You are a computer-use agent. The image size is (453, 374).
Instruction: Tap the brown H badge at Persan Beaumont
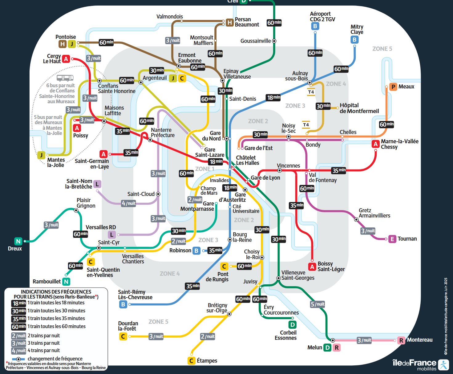pos(230,22)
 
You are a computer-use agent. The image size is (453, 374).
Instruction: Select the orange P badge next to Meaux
pos(393,87)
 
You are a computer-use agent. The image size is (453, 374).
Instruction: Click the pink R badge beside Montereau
pos(401,340)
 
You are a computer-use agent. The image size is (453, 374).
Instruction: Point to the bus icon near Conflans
pos(65,78)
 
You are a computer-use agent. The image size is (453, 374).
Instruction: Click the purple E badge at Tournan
pos(392,239)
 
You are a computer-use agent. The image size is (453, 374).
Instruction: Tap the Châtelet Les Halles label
pos(247,160)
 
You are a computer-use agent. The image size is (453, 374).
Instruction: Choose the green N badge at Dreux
pos(18,241)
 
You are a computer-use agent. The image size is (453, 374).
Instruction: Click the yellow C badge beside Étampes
pos(191,360)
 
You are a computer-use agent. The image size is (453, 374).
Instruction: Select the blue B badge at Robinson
pos(196,250)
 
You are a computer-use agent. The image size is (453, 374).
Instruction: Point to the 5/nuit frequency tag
pos(318,304)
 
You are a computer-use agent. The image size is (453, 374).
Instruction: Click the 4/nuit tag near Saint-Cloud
pos(128,203)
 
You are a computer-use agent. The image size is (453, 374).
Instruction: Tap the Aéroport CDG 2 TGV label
pos(322,17)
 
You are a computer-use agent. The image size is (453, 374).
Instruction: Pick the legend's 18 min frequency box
pos(19,303)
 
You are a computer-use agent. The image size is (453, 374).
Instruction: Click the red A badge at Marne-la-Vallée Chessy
pos(375,144)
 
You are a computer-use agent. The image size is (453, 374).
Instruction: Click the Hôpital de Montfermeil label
pos(359,108)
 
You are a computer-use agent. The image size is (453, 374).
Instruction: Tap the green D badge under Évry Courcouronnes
pos(292,325)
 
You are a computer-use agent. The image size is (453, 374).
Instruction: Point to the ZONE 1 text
pos(204,169)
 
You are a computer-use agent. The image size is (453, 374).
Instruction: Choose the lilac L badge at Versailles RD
pos(112,235)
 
